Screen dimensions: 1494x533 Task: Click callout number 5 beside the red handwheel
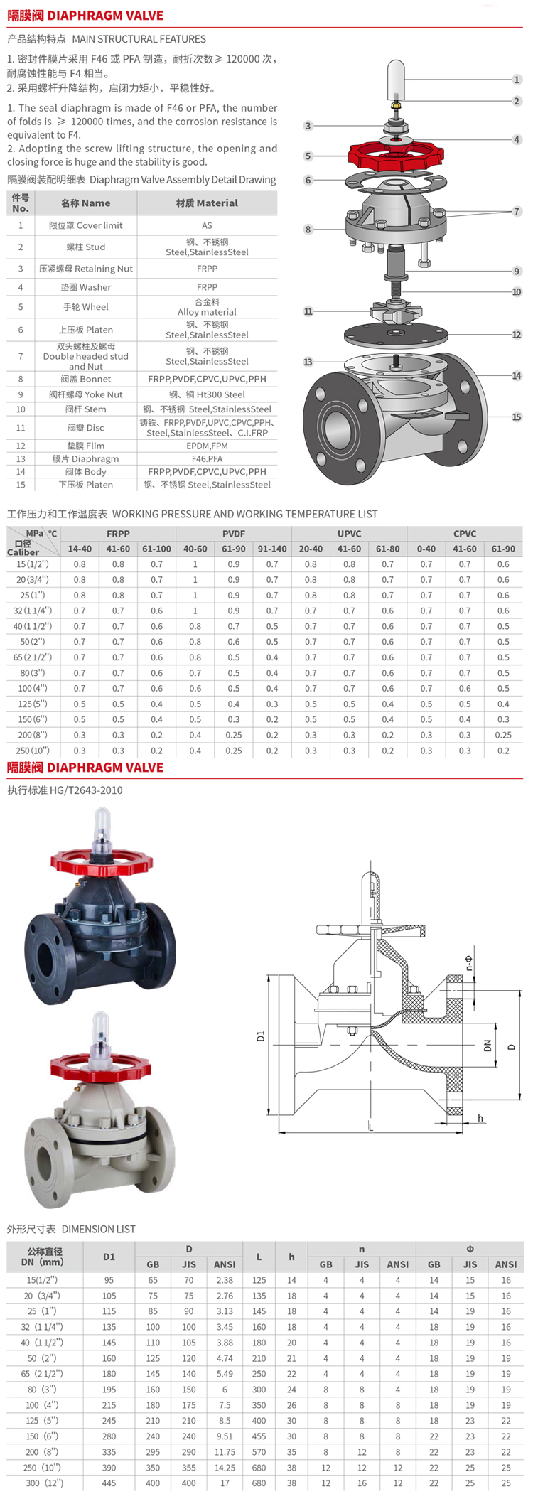(x=308, y=156)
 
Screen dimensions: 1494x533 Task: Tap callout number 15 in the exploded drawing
(x=517, y=417)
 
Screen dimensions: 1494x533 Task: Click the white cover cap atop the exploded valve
(x=395, y=80)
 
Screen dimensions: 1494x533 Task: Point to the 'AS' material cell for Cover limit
(x=207, y=225)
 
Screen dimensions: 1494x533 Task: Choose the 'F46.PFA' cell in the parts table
(x=207, y=458)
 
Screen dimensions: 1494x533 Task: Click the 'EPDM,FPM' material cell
(x=207, y=446)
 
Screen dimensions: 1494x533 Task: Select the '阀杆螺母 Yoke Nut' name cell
(x=85, y=394)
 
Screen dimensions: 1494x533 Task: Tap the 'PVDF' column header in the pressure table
(x=234, y=534)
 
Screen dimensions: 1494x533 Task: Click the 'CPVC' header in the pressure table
(x=465, y=534)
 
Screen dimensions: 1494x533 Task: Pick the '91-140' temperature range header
(x=272, y=549)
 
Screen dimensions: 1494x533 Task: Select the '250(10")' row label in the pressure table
(x=33, y=751)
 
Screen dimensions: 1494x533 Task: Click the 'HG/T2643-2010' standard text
(x=86, y=790)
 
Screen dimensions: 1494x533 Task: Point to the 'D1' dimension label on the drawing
(x=260, y=1036)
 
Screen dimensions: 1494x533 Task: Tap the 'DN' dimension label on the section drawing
(x=488, y=1046)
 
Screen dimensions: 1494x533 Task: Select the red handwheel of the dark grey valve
(x=101, y=864)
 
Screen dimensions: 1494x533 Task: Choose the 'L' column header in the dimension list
(x=259, y=1257)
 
